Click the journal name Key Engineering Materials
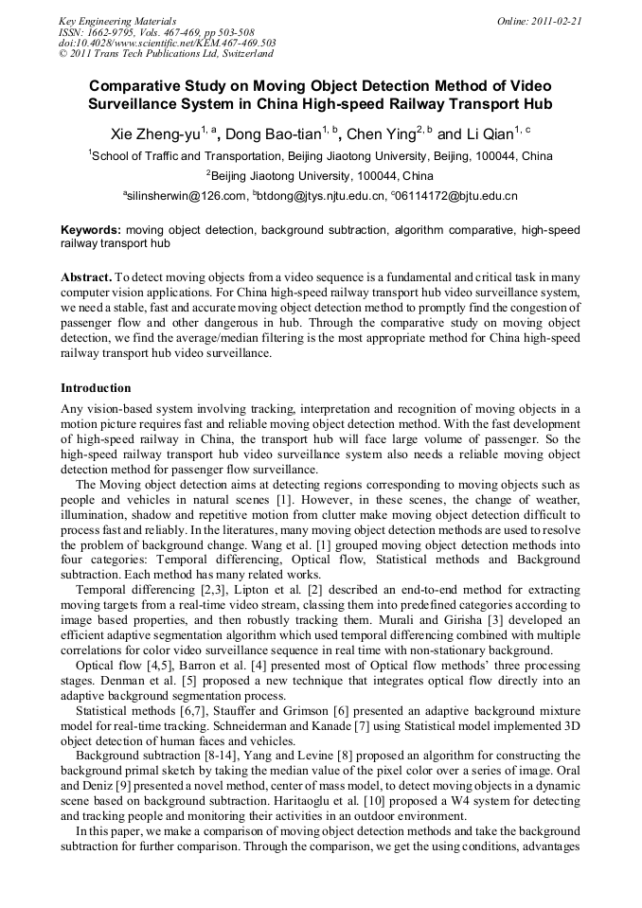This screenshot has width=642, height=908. [x=117, y=20]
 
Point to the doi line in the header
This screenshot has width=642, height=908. [x=168, y=43]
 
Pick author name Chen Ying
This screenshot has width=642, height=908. [x=382, y=134]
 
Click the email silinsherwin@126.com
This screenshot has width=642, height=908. [x=186, y=196]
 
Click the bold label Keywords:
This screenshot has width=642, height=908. [x=91, y=230]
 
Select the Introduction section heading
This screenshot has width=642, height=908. [x=96, y=388]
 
